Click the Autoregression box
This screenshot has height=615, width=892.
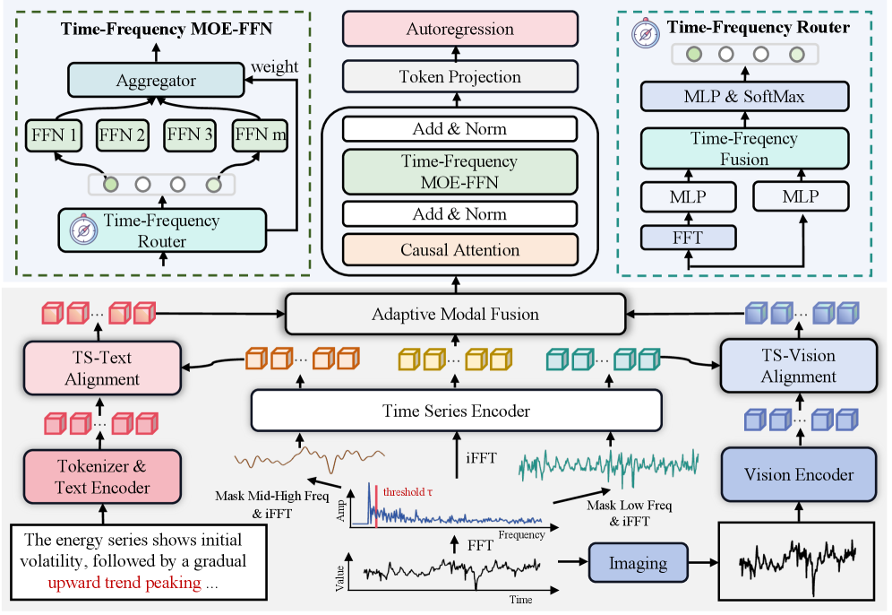pyautogui.click(x=460, y=30)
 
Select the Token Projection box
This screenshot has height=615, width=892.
pyautogui.click(x=460, y=78)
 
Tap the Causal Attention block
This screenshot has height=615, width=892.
pyautogui.click(x=460, y=250)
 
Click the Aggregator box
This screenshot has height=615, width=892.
pyautogui.click(x=156, y=81)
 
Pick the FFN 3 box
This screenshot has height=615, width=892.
pyautogui.click(x=191, y=137)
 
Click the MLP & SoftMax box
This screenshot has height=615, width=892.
pyautogui.click(x=743, y=96)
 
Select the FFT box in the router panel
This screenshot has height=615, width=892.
pyautogui.click(x=688, y=237)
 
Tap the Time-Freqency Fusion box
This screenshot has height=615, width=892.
pyautogui.click(x=743, y=148)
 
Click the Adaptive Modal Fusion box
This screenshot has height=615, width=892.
pyautogui.click(x=455, y=314)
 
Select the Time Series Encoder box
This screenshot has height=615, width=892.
pyautogui.click(x=458, y=411)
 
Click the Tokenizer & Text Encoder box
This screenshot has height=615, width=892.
pyautogui.click(x=101, y=477)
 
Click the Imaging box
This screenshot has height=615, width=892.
pyautogui.click(x=639, y=563)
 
